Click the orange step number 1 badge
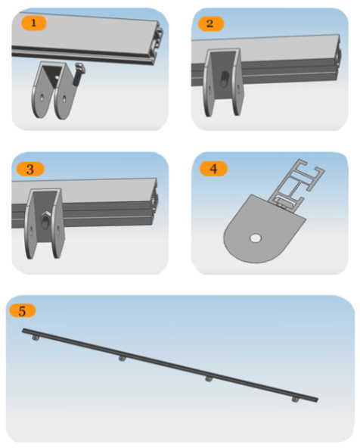pyautogui.click(x=34, y=23)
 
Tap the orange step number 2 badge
pyautogui.click(x=211, y=23)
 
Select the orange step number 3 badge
pyautogui.click(x=30, y=170)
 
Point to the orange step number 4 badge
pyautogui.click(x=213, y=169)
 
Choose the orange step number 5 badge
pyautogui.click(x=22, y=310)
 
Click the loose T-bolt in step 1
pyautogui.click(x=79, y=74)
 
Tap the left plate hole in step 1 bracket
pyautogui.click(x=42, y=98)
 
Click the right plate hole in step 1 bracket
pyautogui.click(x=64, y=99)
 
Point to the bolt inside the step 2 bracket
pyautogui.click(x=225, y=78)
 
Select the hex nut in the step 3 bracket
pyautogui.click(x=45, y=219)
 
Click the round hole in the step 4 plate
pyautogui.click(x=256, y=238)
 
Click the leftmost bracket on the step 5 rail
pyautogui.click(x=36, y=338)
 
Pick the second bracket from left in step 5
pyautogui.click(x=123, y=358)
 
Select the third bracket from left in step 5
pyautogui.click(x=209, y=379)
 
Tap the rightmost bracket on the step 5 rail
pyautogui.click(x=296, y=400)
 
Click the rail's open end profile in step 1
pyautogui.click(x=159, y=43)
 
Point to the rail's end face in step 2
pyautogui.click(x=338, y=58)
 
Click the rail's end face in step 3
pyautogui.click(x=154, y=201)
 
